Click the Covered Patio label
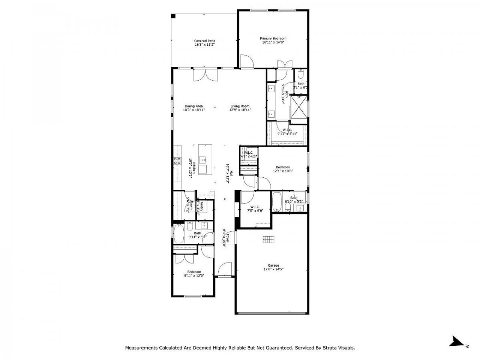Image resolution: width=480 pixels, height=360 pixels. pos(204,41)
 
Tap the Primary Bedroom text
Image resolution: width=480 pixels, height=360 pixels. pos(273,38)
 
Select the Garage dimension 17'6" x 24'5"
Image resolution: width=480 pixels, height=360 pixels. pos(273,269)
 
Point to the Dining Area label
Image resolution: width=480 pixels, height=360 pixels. pos(193,106)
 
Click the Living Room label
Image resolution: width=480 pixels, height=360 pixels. pos(240,106)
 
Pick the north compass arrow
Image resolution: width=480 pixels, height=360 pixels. pos(457,341)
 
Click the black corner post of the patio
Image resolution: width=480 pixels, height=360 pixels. pos(173,16)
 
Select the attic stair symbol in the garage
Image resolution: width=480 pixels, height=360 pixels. pos(268,239)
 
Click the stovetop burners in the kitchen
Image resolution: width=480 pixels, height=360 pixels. pos(177,161)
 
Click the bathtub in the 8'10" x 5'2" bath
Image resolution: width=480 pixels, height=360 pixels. pos(277,202)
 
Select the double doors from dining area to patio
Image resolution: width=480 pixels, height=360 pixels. pos(205,75)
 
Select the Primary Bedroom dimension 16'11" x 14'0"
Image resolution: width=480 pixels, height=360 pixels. pos(273,42)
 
